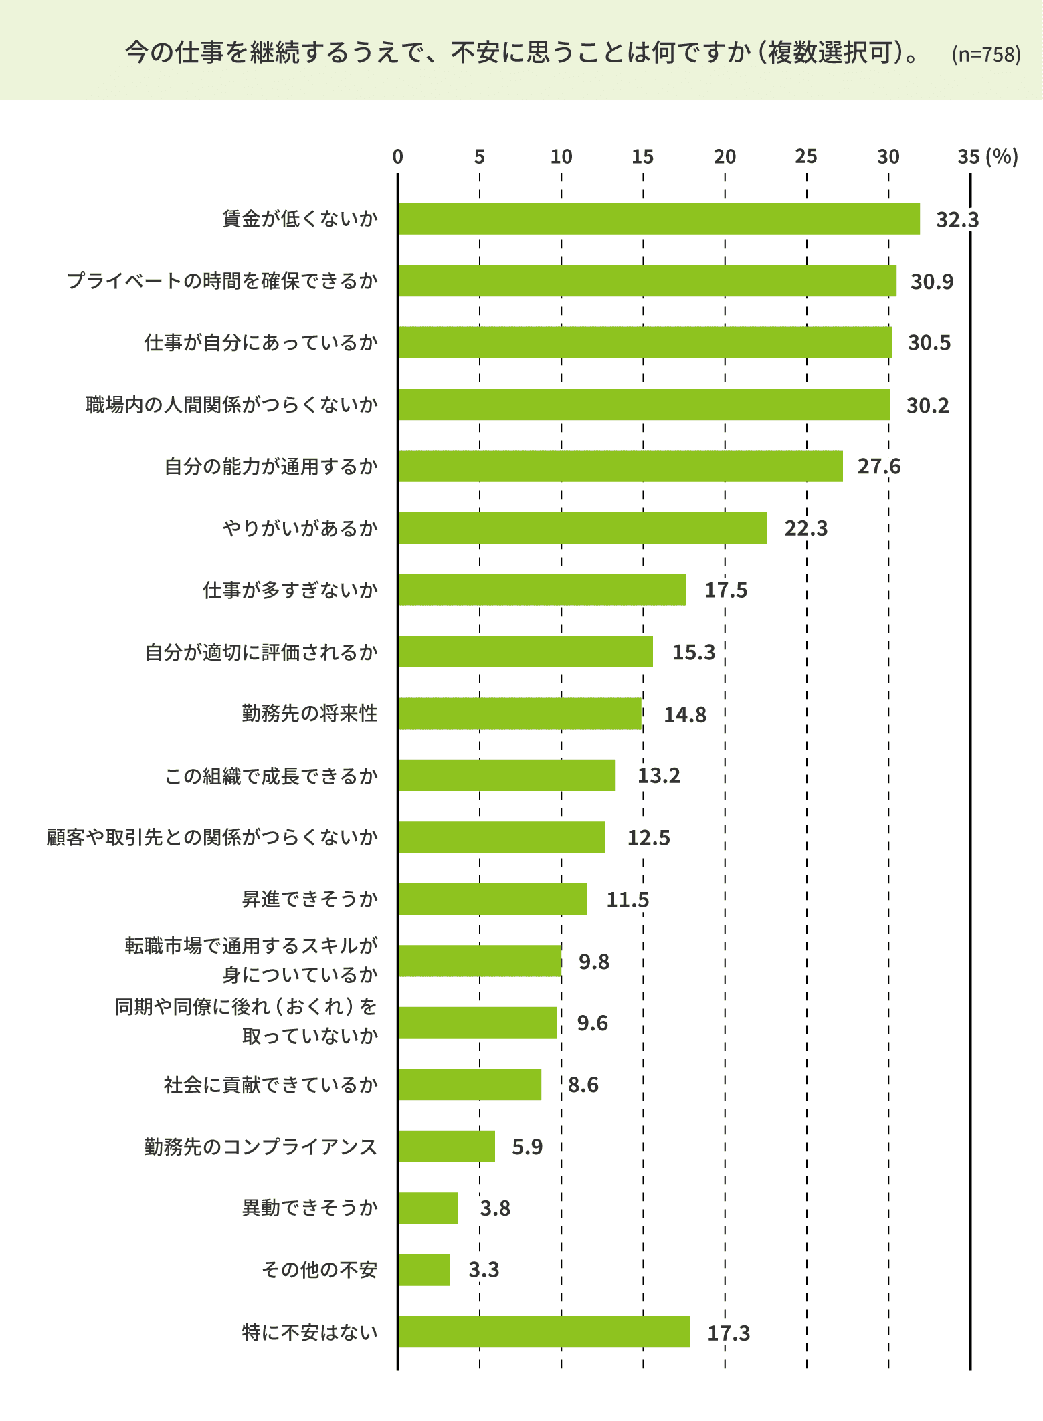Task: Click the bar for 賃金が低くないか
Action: [659, 219]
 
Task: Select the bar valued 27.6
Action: [620, 466]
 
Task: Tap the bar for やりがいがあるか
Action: [582, 528]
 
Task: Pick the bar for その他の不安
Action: [424, 1270]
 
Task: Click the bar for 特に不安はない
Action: [543, 1332]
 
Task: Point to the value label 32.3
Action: [957, 219]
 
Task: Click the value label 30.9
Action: [931, 282]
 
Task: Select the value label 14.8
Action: [684, 715]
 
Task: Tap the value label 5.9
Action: [527, 1147]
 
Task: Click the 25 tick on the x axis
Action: [806, 157]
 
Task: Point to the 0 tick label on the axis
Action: [398, 157]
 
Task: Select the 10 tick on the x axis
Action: [561, 157]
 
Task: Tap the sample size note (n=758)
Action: [985, 54]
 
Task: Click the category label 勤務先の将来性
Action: [310, 714]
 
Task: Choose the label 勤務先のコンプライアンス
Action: [261, 1147]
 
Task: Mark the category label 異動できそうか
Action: [310, 1208]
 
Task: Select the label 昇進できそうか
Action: [310, 899]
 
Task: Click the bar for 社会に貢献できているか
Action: [470, 1085]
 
